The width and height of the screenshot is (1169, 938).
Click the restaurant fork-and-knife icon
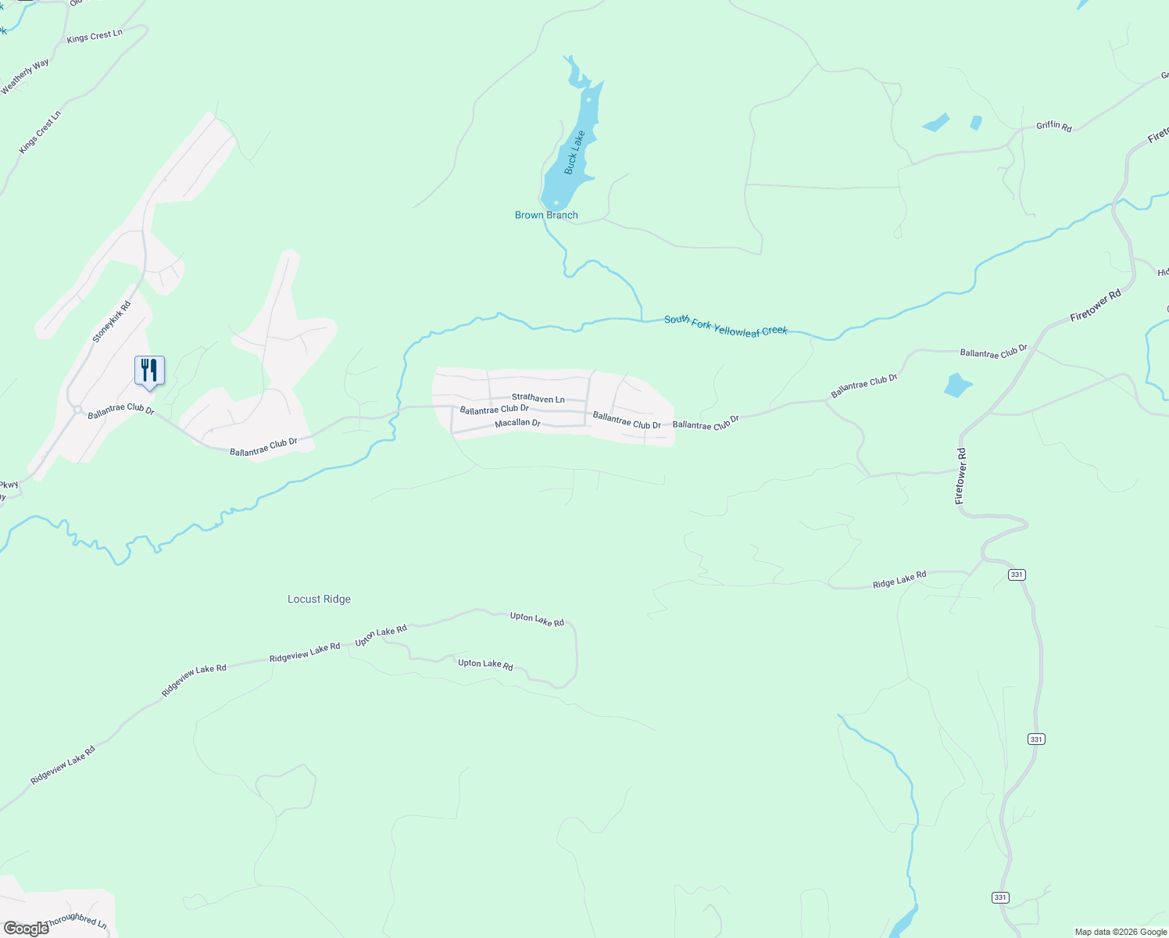click(x=149, y=371)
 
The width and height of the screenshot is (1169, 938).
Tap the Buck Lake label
click(x=574, y=152)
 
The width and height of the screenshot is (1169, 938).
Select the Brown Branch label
click(x=546, y=215)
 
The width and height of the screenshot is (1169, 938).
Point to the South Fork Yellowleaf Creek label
click(x=726, y=326)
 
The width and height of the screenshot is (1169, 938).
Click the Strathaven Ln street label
click(x=538, y=399)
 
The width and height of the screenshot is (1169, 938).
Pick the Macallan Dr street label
click(x=517, y=423)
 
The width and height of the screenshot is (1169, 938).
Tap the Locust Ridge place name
click(x=319, y=600)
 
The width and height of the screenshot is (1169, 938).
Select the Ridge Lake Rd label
click(x=899, y=579)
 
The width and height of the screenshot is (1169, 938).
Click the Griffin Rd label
click(x=1053, y=126)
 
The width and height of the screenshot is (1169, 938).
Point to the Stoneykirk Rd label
click(x=112, y=322)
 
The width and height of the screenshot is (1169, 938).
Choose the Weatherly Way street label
click(x=25, y=77)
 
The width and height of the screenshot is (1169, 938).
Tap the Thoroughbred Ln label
click(x=76, y=922)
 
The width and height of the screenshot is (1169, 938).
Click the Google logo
click(x=26, y=928)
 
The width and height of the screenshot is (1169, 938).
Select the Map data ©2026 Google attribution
click(x=1120, y=932)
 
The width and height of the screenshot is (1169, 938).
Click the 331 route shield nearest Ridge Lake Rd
click(x=1016, y=575)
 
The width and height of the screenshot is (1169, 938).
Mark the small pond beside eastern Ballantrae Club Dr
click(x=956, y=385)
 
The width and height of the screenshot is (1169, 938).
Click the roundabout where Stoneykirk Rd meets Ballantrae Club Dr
click(x=77, y=409)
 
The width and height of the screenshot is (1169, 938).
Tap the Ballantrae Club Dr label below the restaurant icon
click(x=121, y=410)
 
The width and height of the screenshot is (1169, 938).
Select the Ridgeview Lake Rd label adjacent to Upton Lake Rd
click(x=305, y=653)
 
